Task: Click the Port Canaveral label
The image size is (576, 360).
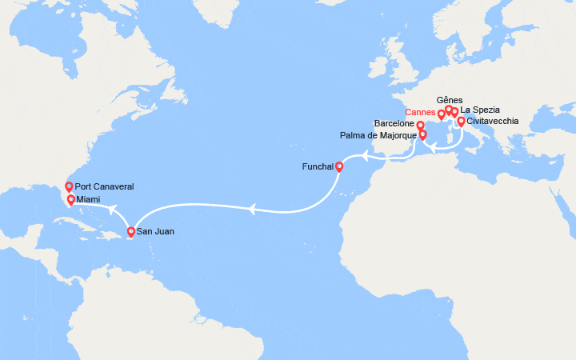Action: click(104, 186)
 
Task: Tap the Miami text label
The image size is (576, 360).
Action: click(90, 199)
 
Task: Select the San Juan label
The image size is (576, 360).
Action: click(155, 232)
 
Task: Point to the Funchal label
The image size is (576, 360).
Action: click(319, 168)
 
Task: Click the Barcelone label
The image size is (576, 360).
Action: click(394, 124)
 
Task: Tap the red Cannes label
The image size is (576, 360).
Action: click(420, 112)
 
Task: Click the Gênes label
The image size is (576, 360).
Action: click(449, 99)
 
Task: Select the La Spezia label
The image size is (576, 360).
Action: click(481, 110)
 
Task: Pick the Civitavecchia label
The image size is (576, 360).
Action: click(492, 122)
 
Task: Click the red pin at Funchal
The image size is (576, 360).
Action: click(339, 166)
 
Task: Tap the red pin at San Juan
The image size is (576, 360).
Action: click(131, 232)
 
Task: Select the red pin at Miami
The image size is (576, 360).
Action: click(71, 199)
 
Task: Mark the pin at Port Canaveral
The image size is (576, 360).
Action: click(69, 186)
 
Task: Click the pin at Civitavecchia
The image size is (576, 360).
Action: click(461, 121)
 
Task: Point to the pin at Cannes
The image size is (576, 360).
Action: click(442, 114)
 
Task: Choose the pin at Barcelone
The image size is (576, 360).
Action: click(420, 126)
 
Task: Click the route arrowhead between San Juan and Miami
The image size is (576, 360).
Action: click(113, 210)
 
